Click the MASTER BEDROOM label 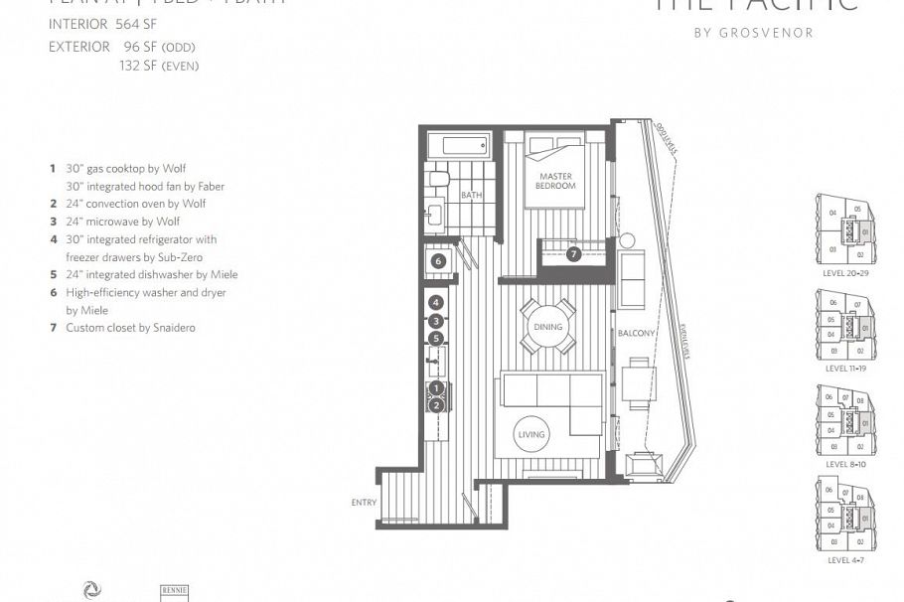[x=555, y=181]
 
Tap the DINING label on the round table [x=547, y=327]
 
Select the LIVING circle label [x=530, y=436]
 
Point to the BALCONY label [x=636, y=334]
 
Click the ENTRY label [x=364, y=503]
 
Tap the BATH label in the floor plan [x=471, y=196]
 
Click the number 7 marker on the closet [x=573, y=254]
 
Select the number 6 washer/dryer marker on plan [x=437, y=261]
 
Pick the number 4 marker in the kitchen [x=435, y=302]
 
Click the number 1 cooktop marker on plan [x=435, y=388]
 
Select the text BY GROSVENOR [x=753, y=33]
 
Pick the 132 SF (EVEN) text [x=159, y=66]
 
